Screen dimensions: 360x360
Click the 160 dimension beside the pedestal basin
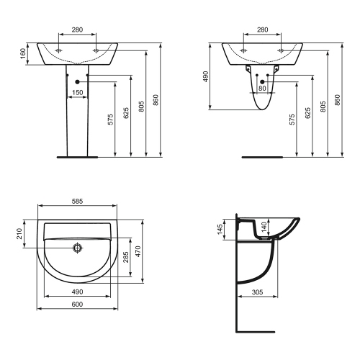[x=23, y=54]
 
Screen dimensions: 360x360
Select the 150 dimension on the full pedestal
[x=76, y=92]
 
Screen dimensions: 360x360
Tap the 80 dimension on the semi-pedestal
[x=262, y=89]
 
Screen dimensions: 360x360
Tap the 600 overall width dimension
[x=76, y=305]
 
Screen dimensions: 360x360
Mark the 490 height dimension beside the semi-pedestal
[x=205, y=76]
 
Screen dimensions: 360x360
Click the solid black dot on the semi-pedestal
[x=262, y=81]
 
